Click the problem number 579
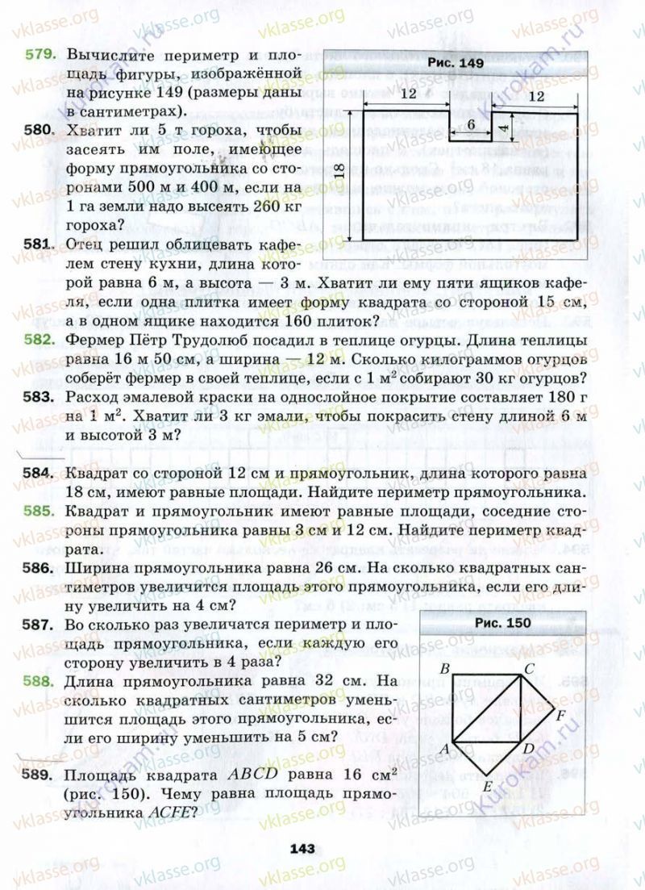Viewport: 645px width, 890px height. click(40, 55)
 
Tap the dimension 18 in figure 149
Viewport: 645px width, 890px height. click(339, 171)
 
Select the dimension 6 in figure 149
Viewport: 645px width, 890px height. click(471, 125)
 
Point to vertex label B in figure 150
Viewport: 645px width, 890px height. click(444, 669)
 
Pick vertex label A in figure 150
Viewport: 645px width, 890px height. click(443, 748)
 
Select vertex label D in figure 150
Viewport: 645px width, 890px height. click(528, 749)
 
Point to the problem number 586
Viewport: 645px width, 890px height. click(40, 568)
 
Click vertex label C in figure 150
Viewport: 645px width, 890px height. click(530, 668)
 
